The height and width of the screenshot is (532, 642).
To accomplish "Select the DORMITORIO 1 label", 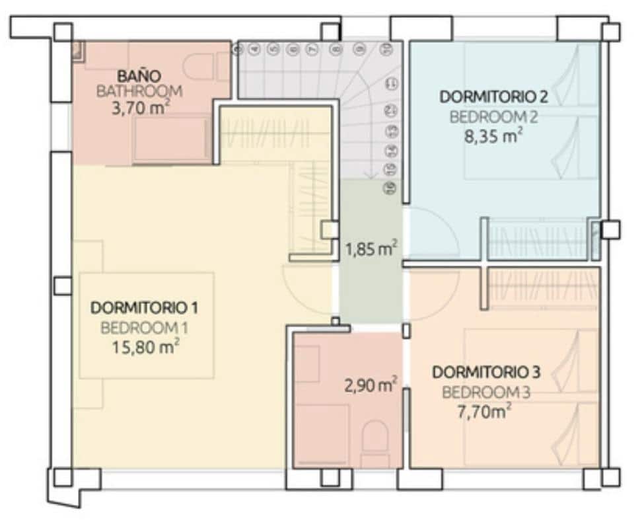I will click(145, 307).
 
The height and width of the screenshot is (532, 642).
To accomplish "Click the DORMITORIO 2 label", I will click(494, 97).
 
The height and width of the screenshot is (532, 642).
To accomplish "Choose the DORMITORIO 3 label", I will click(486, 372).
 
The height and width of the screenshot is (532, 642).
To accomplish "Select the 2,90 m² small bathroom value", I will click(371, 384).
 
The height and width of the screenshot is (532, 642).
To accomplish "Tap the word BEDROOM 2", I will click(494, 118).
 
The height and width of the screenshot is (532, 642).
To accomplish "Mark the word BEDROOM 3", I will click(486, 393).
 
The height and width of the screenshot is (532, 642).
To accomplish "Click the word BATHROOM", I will click(139, 92).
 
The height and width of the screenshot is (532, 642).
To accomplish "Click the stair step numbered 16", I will click(390, 188).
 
